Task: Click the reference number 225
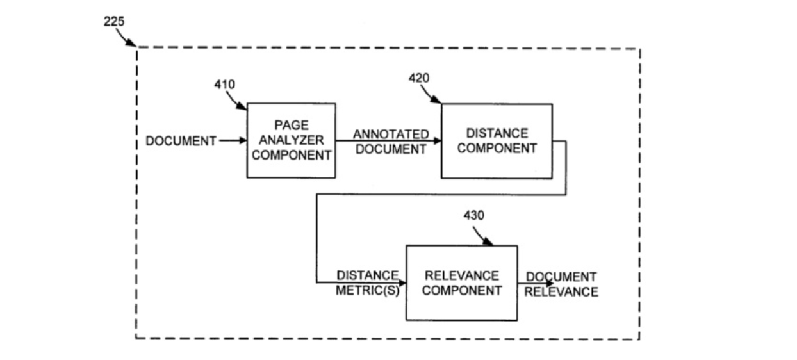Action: coord(114,22)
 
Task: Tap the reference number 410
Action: coord(224,85)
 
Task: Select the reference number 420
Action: coord(419,78)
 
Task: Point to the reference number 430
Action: coord(473,215)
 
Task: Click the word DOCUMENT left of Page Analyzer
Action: coord(181,141)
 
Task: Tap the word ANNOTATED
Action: coord(391,134)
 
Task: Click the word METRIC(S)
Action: coord(368,291)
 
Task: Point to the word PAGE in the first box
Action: coord(292,125)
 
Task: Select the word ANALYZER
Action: coord(292,140)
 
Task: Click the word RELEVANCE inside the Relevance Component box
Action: coord(462,275)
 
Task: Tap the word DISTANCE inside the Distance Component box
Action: coord(497,133)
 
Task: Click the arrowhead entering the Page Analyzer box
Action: coord(243,140)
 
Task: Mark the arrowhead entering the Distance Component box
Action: coord(438,141)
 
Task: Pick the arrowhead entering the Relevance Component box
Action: coord(402,283)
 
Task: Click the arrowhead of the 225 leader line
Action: coord(131,43)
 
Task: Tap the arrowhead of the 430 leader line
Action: coord(488,241)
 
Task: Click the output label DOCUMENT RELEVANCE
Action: coord(561,284)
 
